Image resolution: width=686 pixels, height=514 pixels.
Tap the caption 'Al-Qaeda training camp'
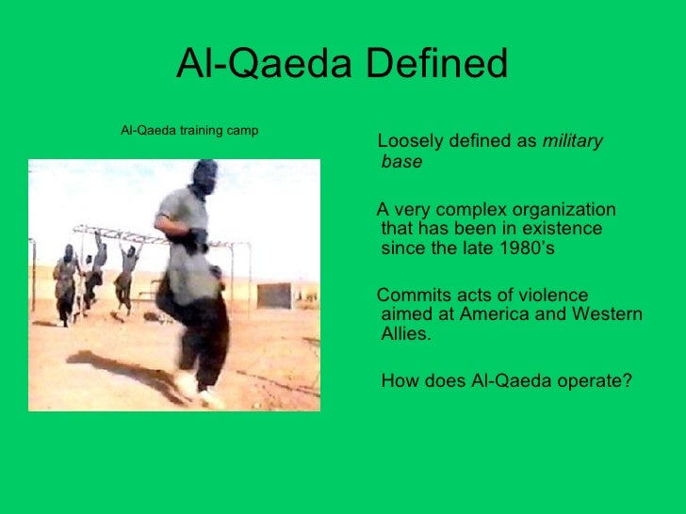click(x=189, y=130)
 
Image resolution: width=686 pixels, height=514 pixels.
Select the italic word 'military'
click(x=572, y=141)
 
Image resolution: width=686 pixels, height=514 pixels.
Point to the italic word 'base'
click(x=401, y=162)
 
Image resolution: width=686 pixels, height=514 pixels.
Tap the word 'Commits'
click(x=413, y=296)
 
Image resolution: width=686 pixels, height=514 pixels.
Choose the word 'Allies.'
click(x=406, y=334)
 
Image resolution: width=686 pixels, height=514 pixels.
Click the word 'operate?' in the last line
click(x=596, y=381)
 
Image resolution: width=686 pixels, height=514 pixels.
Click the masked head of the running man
click(x=203, y=176)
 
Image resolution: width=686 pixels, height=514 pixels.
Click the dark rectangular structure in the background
click(x=275, y=295)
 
